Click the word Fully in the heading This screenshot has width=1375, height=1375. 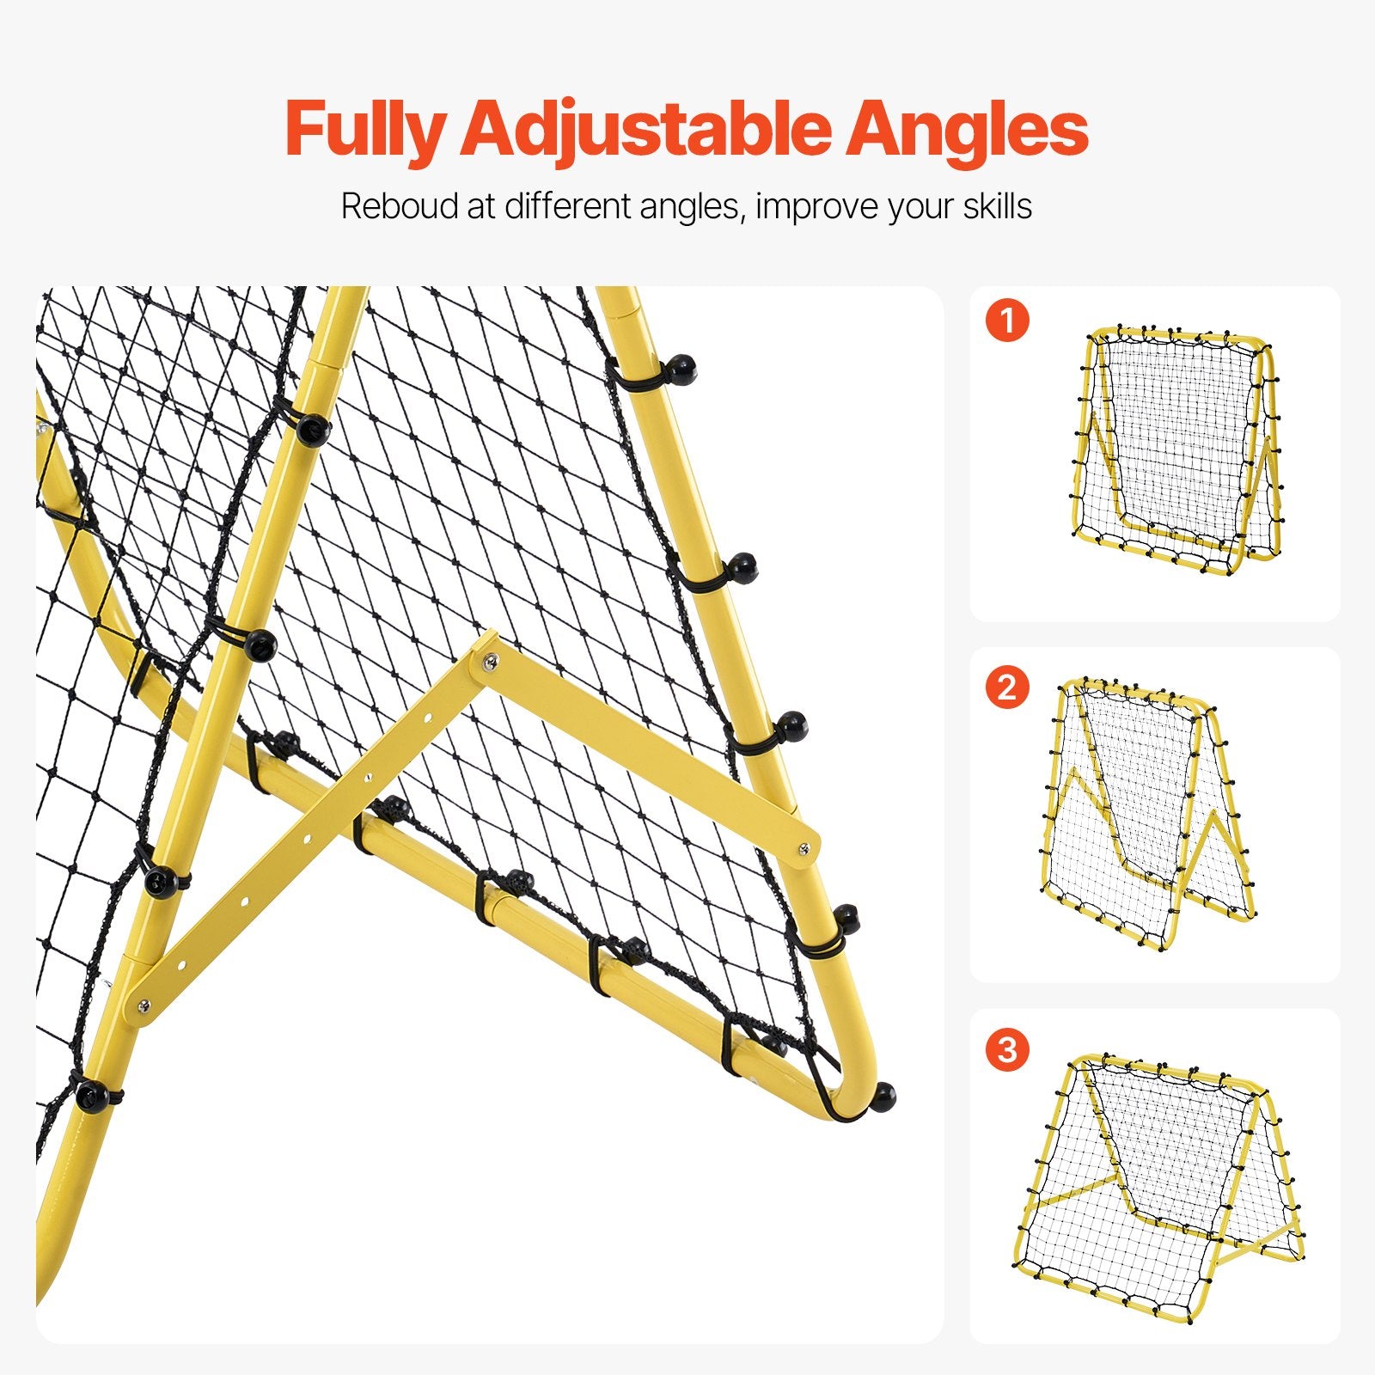(x=364, y=129)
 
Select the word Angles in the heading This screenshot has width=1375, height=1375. (x=967, y=129)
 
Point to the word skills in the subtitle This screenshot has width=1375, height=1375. (x=997, y=207)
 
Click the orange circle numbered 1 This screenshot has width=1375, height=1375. (x=1007, y=321)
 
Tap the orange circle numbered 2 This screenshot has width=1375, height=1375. (x=1007, y=687)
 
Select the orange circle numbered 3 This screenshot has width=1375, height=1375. (x=1007, y=1049)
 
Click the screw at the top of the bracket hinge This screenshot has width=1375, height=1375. (x=490, y=660)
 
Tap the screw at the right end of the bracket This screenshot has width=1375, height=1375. (x=802, y=848)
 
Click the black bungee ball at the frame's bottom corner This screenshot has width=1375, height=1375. (x=883, y=1096)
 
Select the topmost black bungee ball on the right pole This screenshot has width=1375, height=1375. (x=682, y=369)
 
